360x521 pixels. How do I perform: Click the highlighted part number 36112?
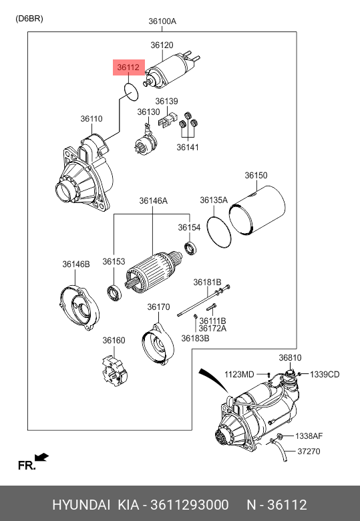pos(128,67)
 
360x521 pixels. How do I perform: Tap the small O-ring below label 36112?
pos(124,89)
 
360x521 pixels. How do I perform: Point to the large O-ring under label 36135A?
pos(208,231)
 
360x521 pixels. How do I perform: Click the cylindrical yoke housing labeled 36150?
pos(257,210)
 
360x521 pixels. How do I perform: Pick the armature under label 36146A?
pos(153,271)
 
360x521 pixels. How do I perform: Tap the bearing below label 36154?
pos(190,248)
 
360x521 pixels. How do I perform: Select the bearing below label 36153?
pos(115,293)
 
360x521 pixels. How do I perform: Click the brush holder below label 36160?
pos(115,371)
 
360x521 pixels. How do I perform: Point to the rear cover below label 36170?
pos(158,345)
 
